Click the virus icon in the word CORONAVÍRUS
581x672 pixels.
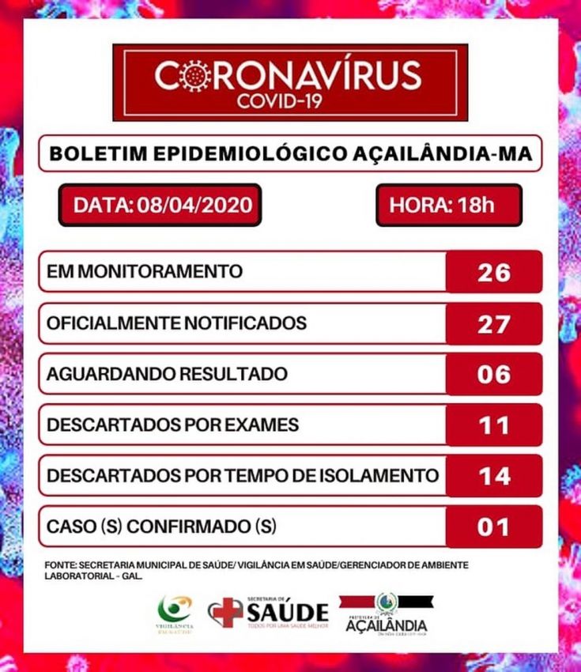click(x=195, y=76)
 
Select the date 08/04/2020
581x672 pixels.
click(x=194, y=206)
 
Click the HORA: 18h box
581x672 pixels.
click(x=448, y=206)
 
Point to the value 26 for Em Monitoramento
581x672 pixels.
click(x=494, y=272)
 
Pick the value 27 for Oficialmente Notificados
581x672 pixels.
click(x=494, y=323)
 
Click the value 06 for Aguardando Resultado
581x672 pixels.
click(x=494, y=374)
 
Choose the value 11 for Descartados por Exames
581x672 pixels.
click(x=494, y=425)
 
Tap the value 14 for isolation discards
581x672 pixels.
click(x=494, y=476)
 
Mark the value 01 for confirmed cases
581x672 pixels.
click(x=494, y=527)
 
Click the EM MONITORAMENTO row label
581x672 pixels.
click(x=145, y=272)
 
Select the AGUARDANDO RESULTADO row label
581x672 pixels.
click(x=166, y=374)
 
